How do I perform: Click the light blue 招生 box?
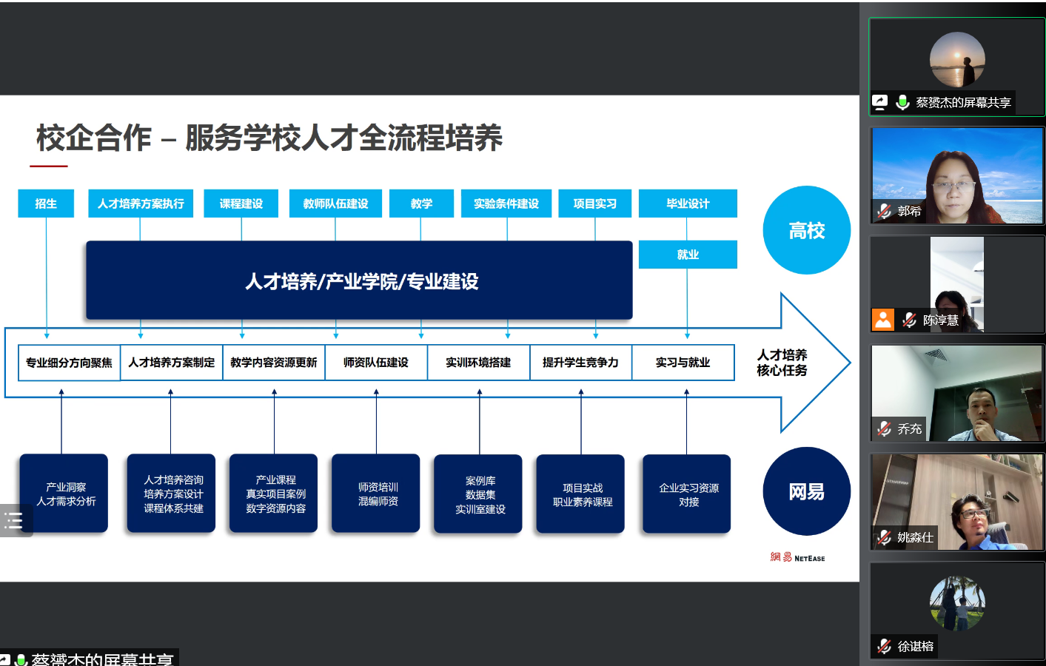coord(46,203)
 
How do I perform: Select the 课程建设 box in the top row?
coord(241,203)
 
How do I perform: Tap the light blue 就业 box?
coord(688,255)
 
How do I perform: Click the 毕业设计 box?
coord(688,203)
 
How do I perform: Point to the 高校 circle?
coord(806,230)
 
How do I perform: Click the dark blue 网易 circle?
coord(806,491)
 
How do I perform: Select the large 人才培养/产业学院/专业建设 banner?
coord(360,280)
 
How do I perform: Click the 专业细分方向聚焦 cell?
coord(69,363)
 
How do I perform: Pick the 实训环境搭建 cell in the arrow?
coord(478,363)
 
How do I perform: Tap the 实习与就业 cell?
coord(683,363)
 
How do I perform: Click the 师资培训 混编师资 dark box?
coord(376,494)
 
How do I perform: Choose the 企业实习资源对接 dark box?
coord(687,494)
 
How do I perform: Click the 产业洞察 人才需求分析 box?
coord(64,494)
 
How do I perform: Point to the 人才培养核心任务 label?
coord(782,363)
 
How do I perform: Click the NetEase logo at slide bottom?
coord(797,557)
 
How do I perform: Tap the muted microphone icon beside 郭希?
coord(884,211)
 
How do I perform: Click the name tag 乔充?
coord(909,428)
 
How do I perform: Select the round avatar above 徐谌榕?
coord(957,603)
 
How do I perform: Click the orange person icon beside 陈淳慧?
coord(883,320)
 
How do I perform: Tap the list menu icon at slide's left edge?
coord(14,521)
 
